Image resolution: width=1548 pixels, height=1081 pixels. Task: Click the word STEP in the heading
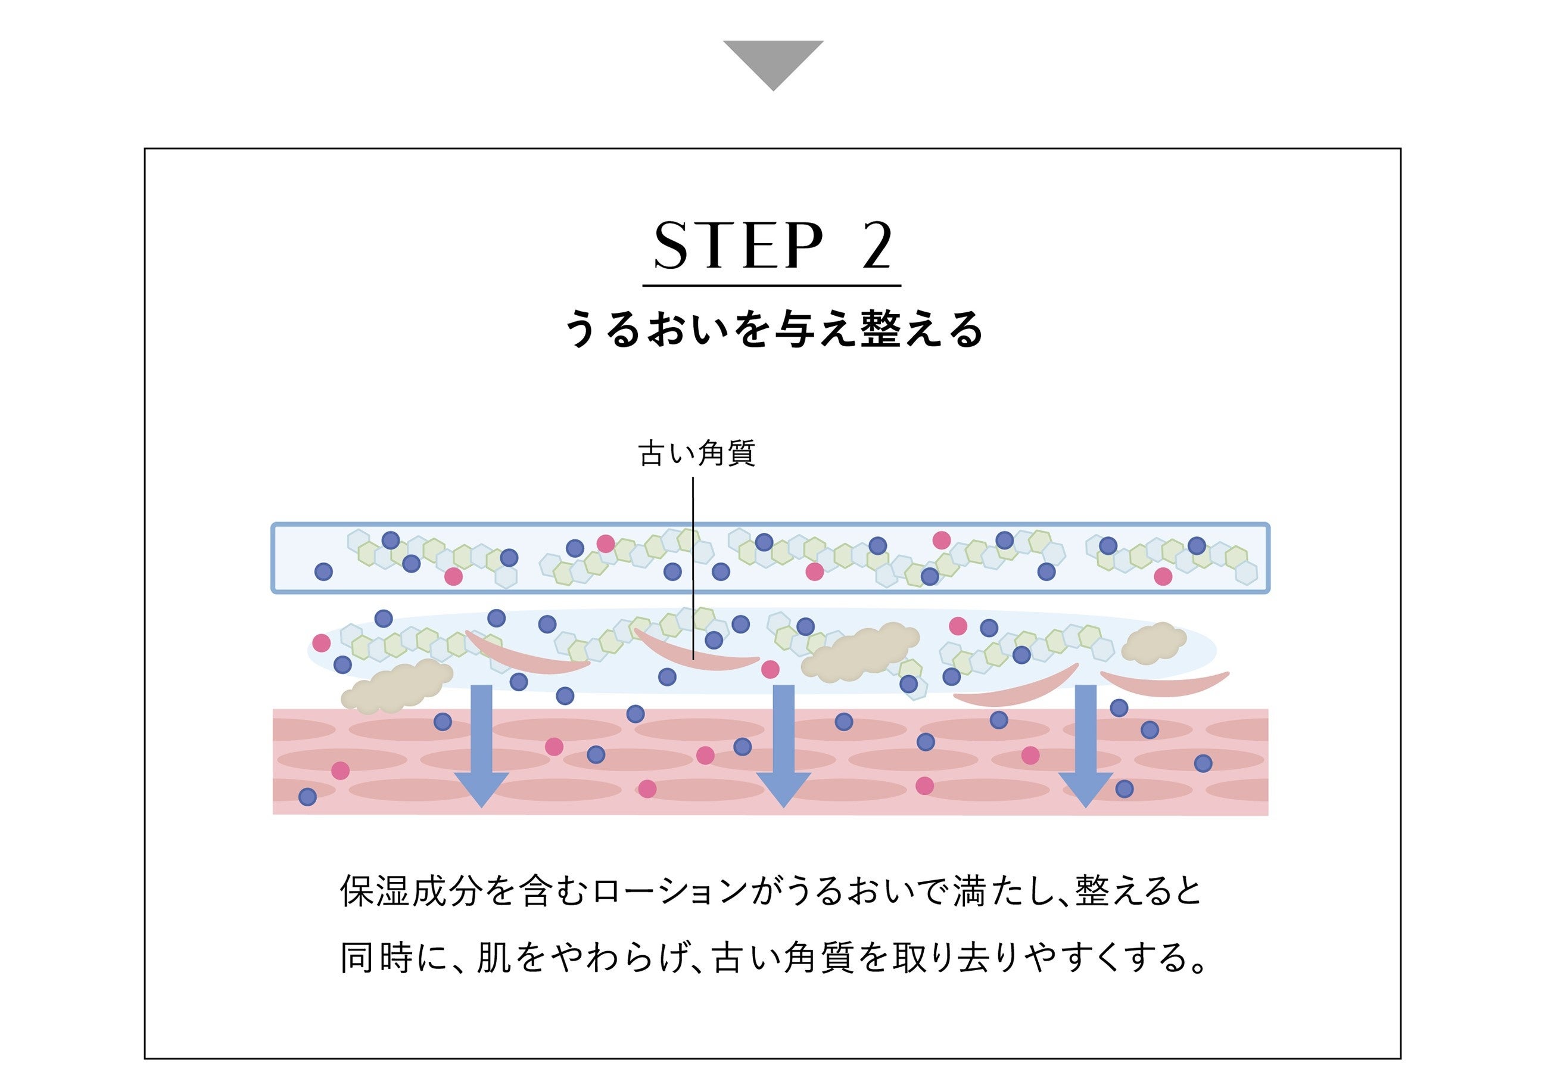coord(739,246)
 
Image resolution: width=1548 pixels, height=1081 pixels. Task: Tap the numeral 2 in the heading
coord(877,246)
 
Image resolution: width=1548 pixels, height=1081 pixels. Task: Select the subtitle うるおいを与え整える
coord(773,330)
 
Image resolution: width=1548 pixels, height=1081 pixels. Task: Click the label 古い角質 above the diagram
coord(696,453)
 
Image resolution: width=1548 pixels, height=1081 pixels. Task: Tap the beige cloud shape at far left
coord(397,687)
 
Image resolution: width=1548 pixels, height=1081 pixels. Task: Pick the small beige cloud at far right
coord(1153,641)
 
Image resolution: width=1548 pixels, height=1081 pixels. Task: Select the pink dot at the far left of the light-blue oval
coord(322,642)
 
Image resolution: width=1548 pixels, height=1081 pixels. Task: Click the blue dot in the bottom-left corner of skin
coord(307,797)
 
